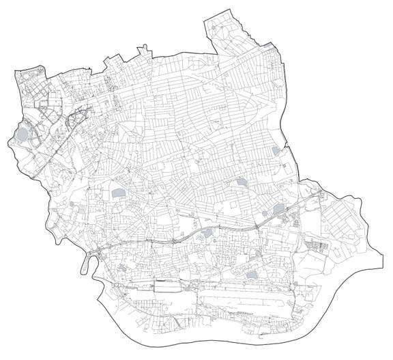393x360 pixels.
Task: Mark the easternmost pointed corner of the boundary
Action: [x=383, y=258]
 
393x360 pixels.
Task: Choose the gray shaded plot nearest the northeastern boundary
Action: [x=276, y=150]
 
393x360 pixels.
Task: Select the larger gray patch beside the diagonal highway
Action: [x=278, y=210]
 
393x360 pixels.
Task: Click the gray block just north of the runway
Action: [x=251, y=275]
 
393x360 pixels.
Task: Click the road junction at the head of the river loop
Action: [x=98, y=252]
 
